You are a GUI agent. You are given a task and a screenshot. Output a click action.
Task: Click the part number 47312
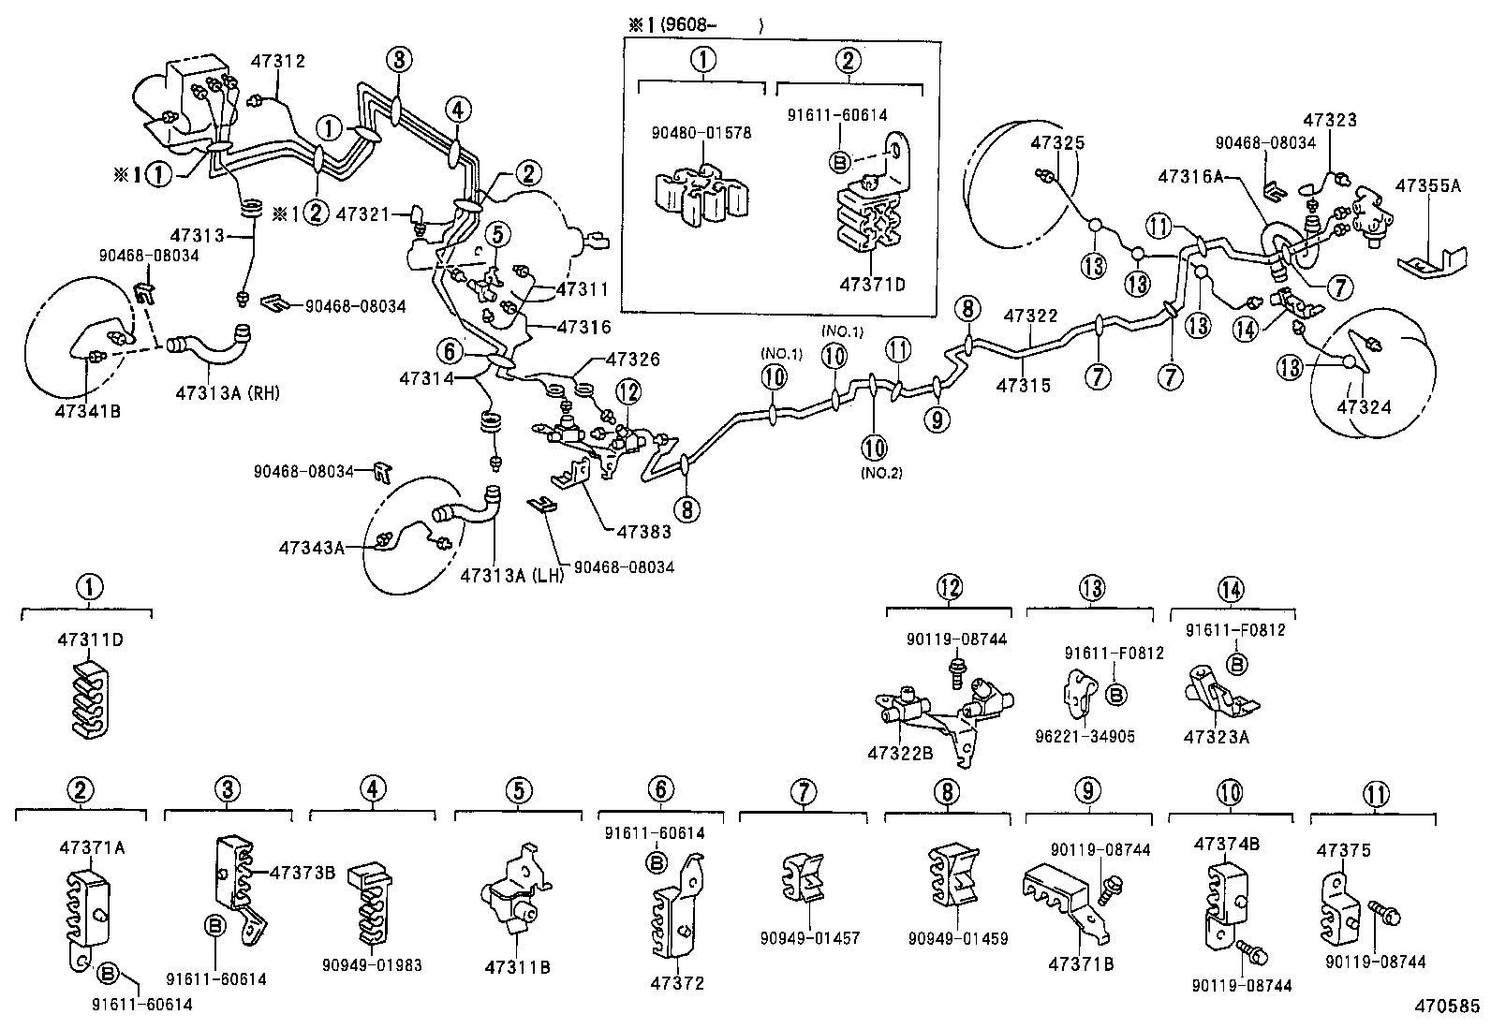tap(277, 62)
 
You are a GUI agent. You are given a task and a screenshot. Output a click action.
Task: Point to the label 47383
tap(643, 532)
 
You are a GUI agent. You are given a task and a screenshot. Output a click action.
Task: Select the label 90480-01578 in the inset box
tap(701, 134)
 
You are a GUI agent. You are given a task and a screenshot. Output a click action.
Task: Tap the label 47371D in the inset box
tap(873, 285)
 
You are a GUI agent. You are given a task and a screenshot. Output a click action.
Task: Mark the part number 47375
tap(1344, 850)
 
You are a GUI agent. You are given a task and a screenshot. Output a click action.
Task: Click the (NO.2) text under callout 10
tap(880, 473)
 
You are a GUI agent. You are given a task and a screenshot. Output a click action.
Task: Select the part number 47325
tap(1057, 143)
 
